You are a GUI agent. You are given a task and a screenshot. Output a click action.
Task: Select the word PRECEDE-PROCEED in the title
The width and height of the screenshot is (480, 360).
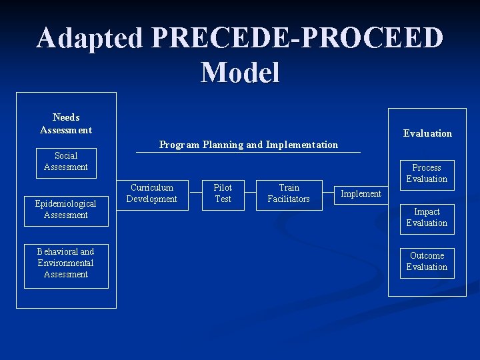297,38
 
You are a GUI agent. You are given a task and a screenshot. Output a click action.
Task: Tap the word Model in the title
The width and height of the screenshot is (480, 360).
240,72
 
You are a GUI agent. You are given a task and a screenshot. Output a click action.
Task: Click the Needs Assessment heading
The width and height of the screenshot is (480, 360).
66,123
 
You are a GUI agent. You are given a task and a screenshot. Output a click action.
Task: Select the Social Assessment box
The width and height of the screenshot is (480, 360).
66,162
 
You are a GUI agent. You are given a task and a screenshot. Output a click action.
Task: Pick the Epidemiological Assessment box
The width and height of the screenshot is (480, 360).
66,209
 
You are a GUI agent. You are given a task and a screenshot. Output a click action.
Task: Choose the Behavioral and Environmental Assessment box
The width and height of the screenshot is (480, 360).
66,263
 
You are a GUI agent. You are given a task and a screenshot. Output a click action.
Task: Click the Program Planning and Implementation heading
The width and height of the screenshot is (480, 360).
248,145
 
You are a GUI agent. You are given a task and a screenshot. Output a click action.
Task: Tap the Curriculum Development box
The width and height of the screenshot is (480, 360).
151,194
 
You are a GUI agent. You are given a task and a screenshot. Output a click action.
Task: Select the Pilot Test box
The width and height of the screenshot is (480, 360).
223,194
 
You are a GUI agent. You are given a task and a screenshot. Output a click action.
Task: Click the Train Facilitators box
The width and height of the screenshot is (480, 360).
289,194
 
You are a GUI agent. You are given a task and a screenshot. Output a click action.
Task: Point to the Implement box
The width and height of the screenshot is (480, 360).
361,194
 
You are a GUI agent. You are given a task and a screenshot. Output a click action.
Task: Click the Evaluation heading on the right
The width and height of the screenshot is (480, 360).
427,133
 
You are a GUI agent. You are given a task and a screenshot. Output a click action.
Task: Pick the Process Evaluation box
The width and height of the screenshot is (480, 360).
427,173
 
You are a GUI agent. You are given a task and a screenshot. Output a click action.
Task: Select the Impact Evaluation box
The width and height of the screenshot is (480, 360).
427,218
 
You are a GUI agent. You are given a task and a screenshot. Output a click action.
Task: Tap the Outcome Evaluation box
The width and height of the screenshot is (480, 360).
427,261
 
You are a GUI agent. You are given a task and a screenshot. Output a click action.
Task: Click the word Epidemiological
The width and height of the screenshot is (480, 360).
66,203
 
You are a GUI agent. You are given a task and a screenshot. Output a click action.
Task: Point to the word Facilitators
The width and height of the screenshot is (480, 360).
289,199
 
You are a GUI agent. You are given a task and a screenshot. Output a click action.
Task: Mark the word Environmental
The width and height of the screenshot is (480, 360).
66,263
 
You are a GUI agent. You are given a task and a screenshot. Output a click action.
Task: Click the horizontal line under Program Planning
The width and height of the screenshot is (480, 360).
248,153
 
